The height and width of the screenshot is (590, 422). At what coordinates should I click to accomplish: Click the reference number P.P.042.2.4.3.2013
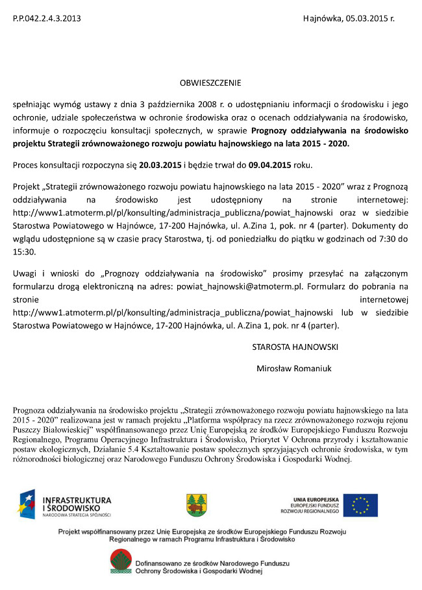coord(47,18)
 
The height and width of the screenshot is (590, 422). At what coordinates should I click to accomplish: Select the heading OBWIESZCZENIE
coord(210,83)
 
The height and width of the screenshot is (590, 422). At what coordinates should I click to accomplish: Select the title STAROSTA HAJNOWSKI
coord(295,347)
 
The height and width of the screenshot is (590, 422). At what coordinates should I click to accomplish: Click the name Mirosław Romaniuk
coord(294,368)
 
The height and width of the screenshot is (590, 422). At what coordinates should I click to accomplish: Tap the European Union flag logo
coord(360,504)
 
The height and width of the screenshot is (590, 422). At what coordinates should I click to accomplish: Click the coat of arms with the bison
coord(195,505)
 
